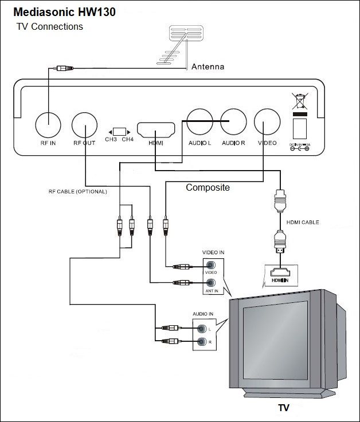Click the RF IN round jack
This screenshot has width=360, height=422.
[x=48, y=122]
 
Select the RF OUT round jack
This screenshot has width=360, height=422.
[x=84, y=122]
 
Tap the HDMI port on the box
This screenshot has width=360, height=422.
[x=155, y=129]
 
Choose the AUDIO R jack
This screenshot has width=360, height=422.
[x=233, y=121]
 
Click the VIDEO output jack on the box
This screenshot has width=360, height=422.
[x=267, y=121]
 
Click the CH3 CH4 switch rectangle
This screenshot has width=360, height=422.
[x=119, y=131]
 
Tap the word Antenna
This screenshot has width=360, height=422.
[x=208, y=67]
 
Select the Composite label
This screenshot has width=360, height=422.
[x=208, y=187]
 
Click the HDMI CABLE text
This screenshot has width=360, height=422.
[x=303, y=222]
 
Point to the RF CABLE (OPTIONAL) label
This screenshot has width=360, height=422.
[x=77, y=191]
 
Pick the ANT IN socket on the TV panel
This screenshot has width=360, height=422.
[x=210, y=282]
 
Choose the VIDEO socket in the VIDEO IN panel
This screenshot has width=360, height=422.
[x=210, y=266]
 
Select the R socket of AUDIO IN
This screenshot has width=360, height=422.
[x=201, y=342]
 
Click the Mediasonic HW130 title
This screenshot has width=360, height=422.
[x=64, y=12]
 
